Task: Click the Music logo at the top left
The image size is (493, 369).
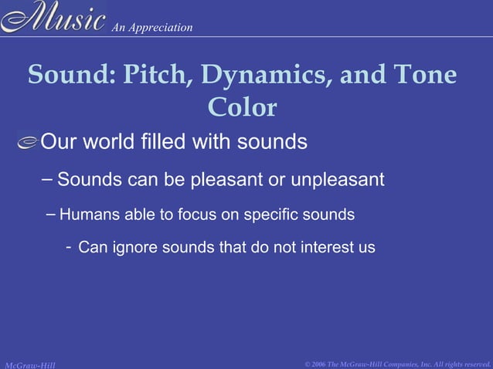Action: click(x=53, y=17)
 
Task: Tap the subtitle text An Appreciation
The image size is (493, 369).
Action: click(x=152, y=28)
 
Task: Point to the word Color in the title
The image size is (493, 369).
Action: click(x=242, y=107)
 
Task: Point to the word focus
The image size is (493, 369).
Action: click(x=198, y=215)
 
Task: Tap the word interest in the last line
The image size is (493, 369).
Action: click(x=328, y=248)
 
